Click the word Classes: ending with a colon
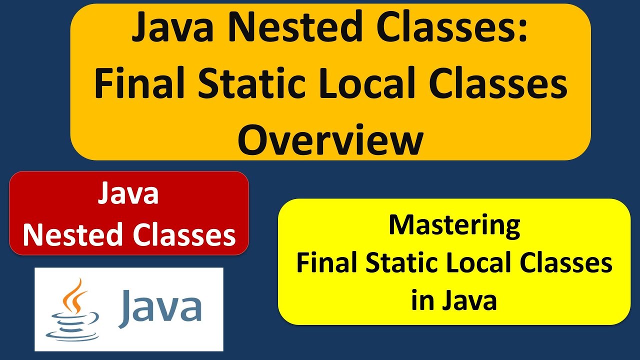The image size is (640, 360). tap(452, 29)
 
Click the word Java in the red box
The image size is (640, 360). tap(128, 194)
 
